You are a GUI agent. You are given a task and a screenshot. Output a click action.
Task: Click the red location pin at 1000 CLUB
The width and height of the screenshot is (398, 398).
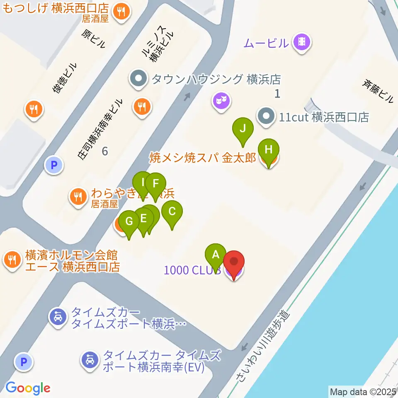pos(234,263)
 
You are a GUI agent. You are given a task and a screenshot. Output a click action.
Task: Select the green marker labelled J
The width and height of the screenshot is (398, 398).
pos(243,129)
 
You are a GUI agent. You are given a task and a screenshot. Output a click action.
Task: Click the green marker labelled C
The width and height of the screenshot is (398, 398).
pos(172,212)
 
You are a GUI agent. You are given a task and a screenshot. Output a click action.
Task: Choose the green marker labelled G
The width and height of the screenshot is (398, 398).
pos(129,222)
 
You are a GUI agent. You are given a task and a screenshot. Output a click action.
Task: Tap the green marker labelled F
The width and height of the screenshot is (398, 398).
pos(156,184)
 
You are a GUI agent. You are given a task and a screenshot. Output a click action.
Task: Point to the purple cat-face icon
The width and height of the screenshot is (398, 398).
pos(221,100)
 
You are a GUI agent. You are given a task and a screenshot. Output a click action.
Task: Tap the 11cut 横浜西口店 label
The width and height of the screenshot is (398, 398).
pos(323,117)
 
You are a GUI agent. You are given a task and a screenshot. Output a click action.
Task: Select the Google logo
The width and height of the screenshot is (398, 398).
pos(28,388)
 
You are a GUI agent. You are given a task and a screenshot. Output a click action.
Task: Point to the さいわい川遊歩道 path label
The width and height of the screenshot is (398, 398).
pos(263,346)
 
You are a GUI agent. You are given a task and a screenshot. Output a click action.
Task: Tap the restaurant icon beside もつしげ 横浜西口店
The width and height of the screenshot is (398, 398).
pos(121,11)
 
